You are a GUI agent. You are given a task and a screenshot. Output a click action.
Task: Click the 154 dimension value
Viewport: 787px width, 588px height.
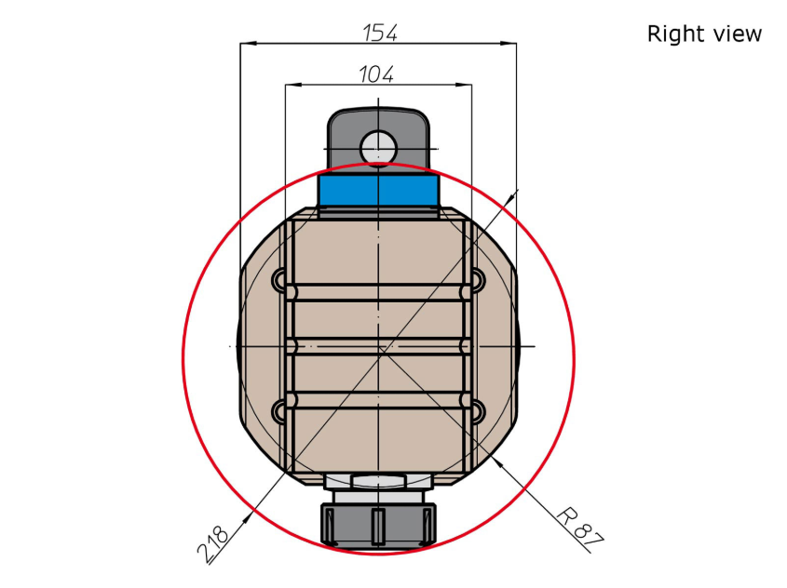tap(380, 33)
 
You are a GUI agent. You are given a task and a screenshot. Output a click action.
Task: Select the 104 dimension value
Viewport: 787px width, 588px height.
tap(376, 74)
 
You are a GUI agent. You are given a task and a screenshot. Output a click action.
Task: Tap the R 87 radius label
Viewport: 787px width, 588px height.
tap(579, 528)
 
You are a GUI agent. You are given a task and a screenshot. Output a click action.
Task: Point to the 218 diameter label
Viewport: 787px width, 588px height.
tap(213, 543)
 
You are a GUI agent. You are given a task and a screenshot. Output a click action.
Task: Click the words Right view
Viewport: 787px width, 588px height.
tap(704, 34)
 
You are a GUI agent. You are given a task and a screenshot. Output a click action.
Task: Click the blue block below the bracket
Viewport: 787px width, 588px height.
tap(379, 191)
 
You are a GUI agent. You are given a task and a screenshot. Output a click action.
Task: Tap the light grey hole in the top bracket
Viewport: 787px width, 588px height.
tap(378, 148)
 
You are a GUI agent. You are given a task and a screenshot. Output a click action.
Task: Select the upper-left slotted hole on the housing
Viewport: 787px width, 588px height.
tap(279, 279)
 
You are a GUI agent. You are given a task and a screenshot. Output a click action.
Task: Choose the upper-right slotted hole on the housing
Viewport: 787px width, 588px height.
tap(477, 279)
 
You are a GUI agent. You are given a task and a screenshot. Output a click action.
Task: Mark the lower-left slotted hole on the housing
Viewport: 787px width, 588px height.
tap(279, 411)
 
